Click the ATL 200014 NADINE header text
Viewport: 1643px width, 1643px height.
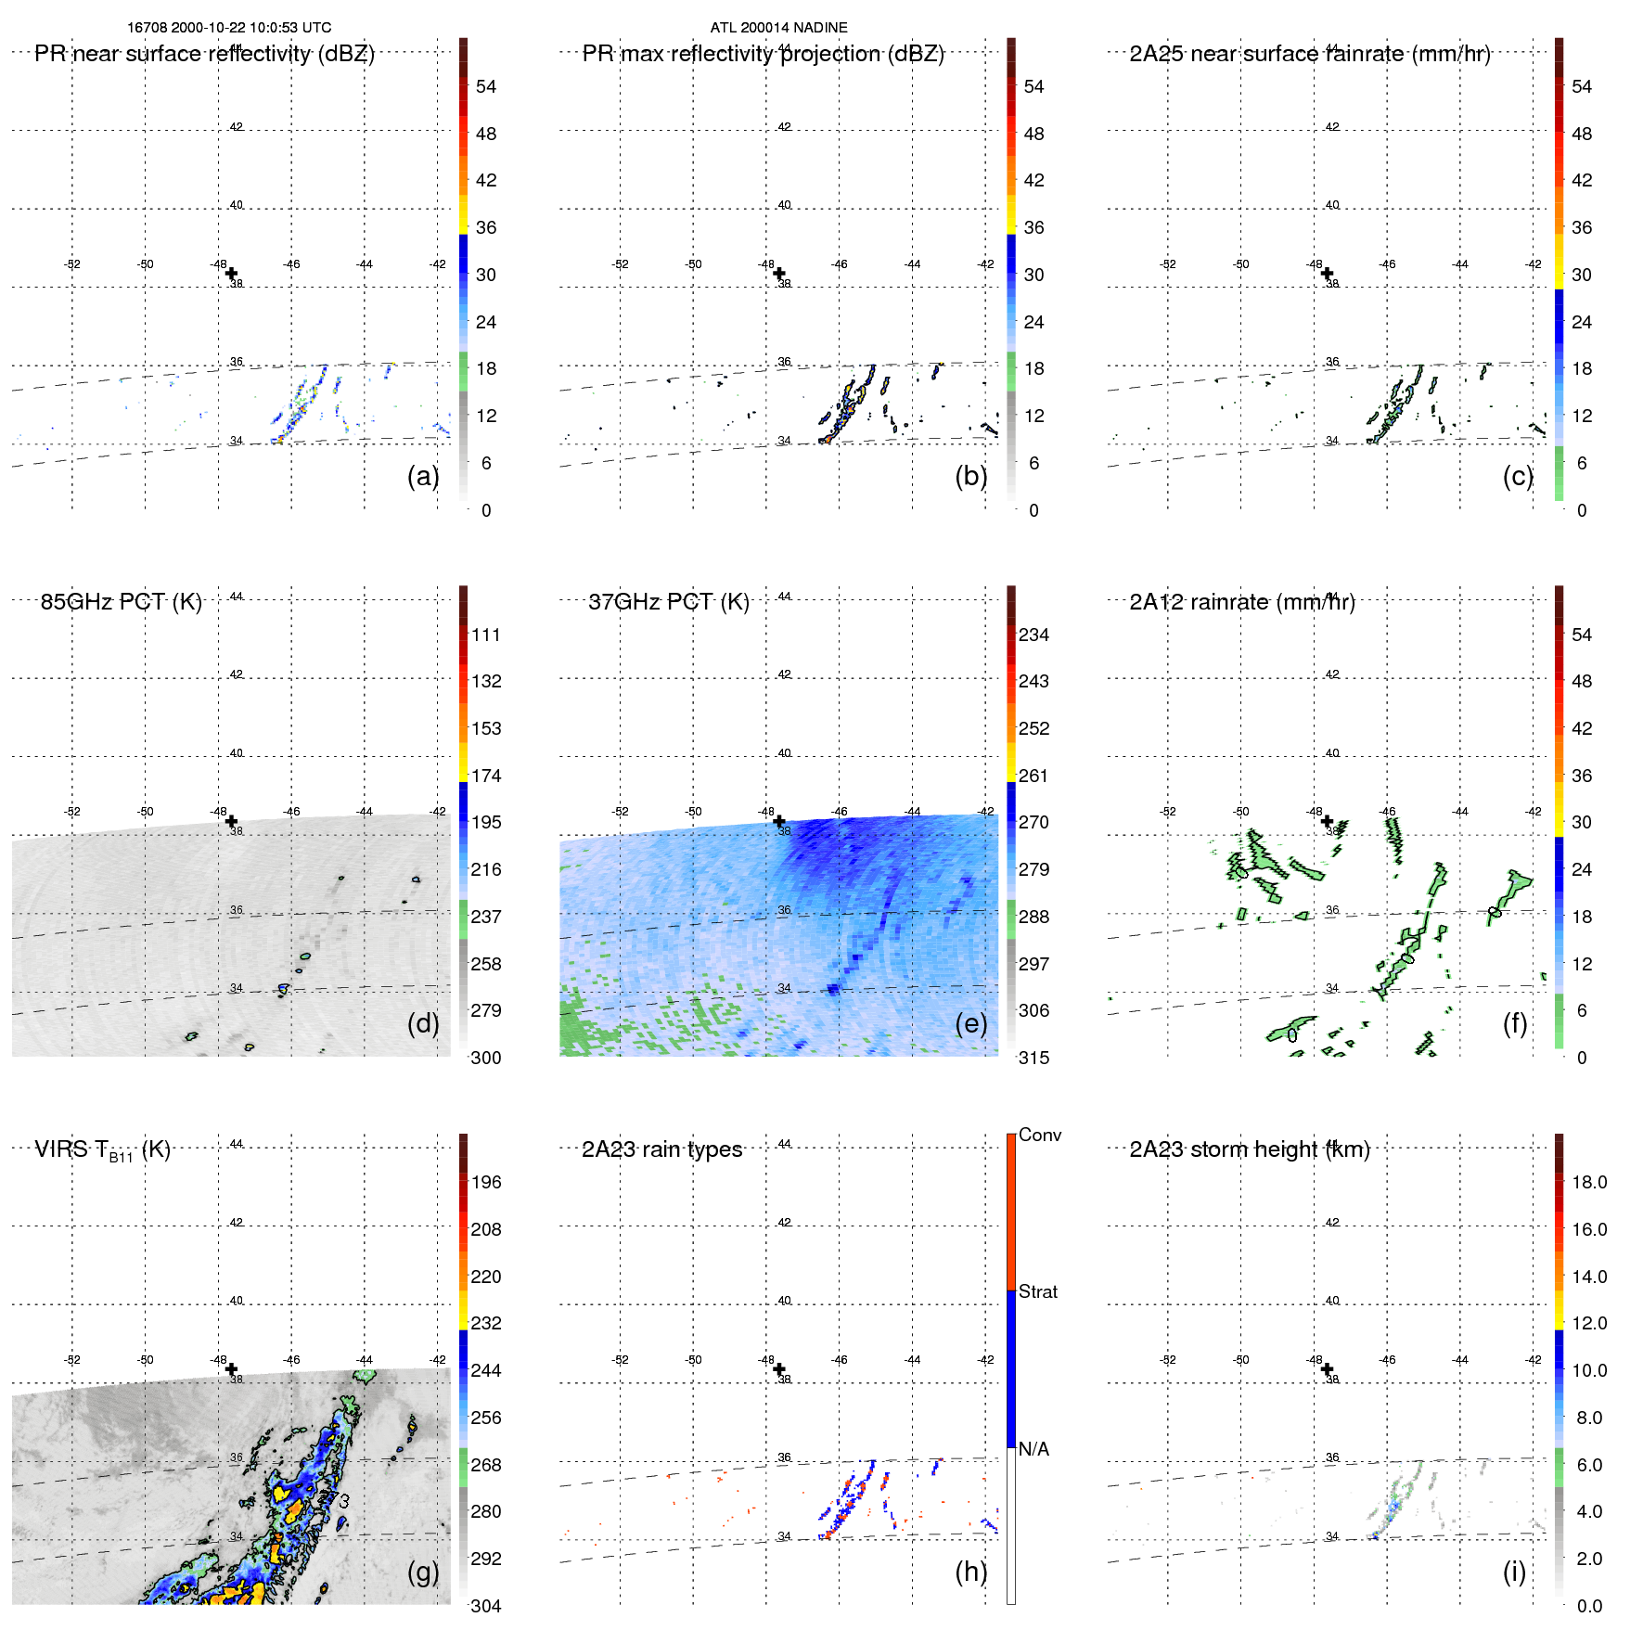pos(778,28)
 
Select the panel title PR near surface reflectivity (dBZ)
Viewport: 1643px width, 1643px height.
pos(204,54)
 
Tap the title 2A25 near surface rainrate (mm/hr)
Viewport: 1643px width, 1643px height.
pos(1309,54)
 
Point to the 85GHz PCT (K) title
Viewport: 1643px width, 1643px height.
pos(121,602)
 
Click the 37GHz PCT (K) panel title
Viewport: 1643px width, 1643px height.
pos(668,602)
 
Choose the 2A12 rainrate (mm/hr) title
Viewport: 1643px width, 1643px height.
pos(1241,602)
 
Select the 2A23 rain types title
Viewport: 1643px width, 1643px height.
pos(661,1149)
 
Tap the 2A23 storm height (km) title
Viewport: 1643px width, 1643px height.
pos(1249,1149)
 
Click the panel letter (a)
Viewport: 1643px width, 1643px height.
pos(423,476)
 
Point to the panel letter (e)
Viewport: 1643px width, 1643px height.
pos(970,1023)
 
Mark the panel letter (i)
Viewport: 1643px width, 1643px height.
pos(1514,1572)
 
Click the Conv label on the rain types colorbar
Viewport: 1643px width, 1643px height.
pos(1039,1135)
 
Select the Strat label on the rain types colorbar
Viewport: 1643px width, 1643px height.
pos(1037,1291)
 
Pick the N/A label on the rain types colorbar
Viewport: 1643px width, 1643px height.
pos(1033,1449)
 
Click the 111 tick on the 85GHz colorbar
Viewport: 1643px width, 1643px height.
pos(486,635)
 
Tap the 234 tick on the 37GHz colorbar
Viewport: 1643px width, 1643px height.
pos(1033,635)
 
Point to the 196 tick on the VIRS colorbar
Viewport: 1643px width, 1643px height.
pos(486,1182)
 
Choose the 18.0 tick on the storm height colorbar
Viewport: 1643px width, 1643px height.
pos(1588,1182)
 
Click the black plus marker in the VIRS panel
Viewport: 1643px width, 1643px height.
pos(231,1369)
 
